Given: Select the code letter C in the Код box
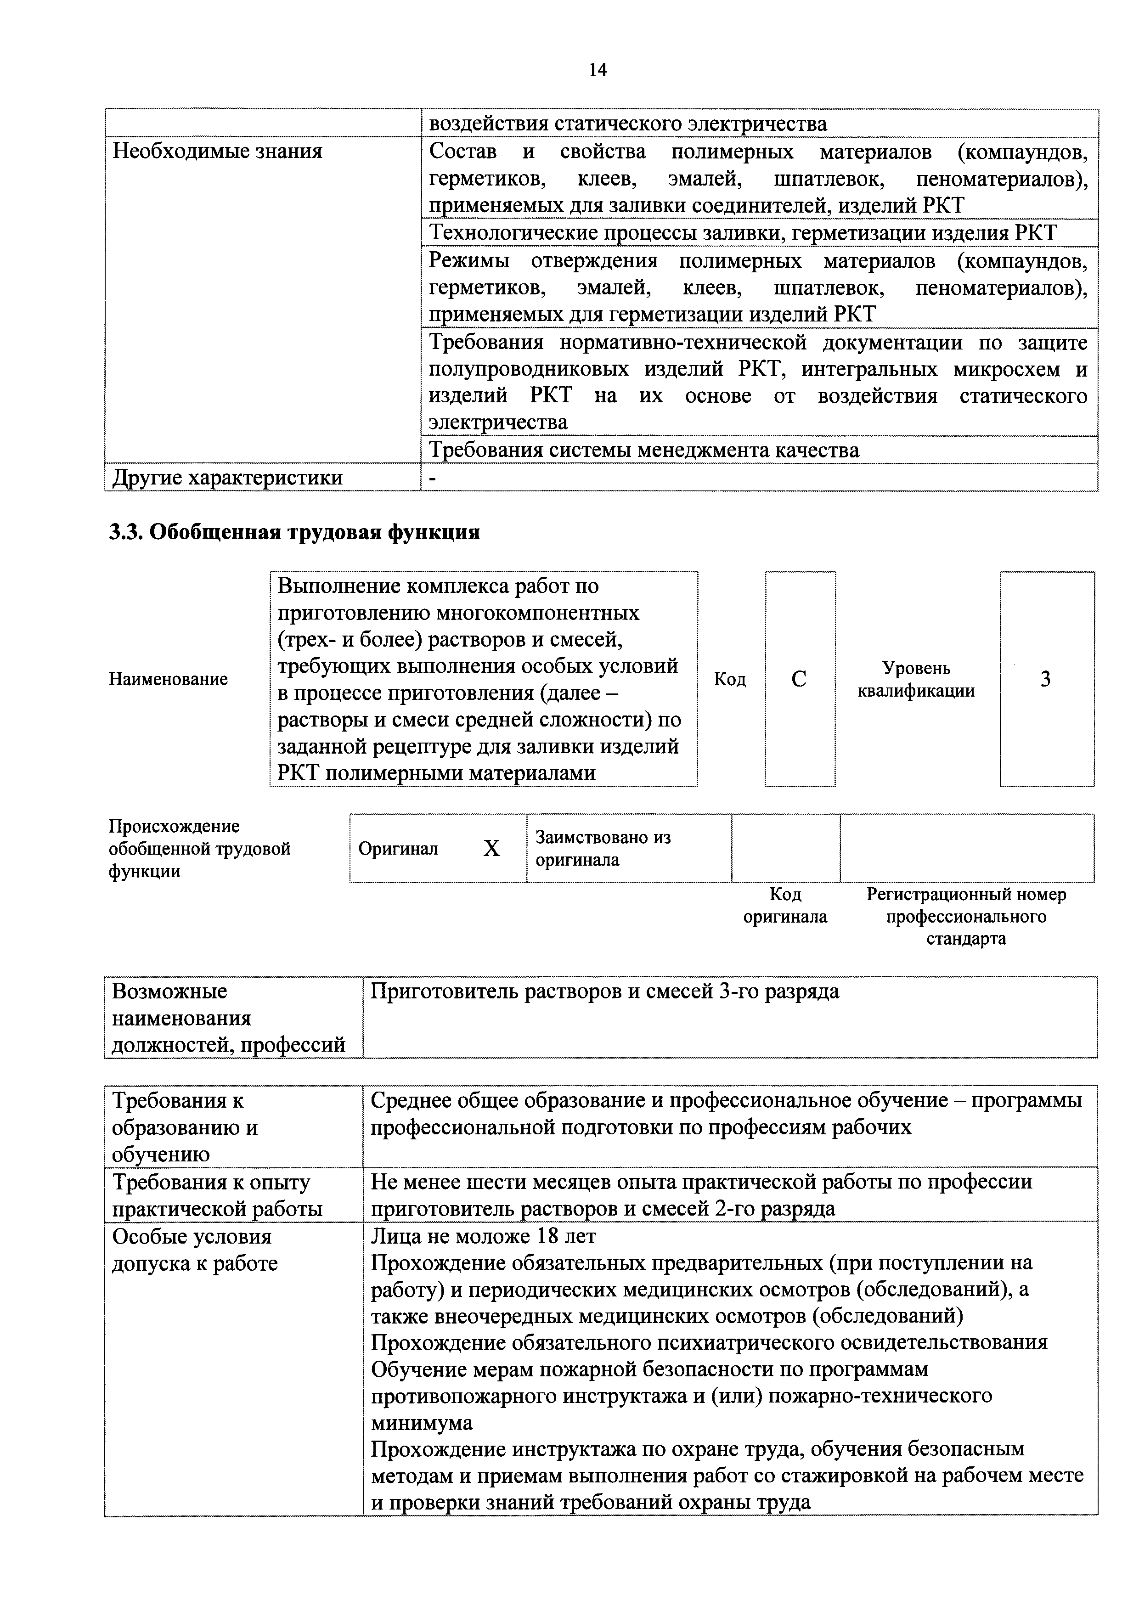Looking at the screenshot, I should [x=799, y=679].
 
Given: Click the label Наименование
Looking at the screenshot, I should [x=169, y=679].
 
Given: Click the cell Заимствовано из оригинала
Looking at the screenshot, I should [x=603, y=848].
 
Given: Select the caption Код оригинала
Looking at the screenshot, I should [x=785, y=905].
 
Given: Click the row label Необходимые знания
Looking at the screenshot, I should [x=218, y=152].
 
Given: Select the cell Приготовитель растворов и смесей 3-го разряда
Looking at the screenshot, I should [x=604, y=991].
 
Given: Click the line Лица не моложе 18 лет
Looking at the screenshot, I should [x=484, y=1235].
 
